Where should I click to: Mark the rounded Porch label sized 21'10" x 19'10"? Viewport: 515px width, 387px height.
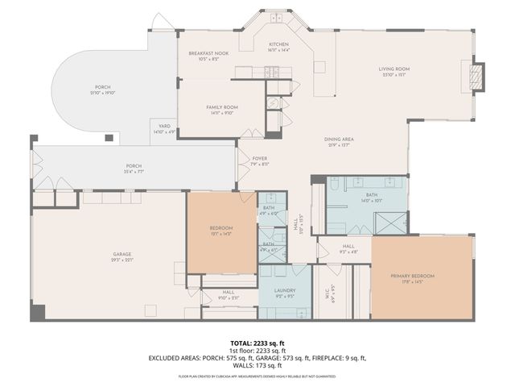click(103, 89)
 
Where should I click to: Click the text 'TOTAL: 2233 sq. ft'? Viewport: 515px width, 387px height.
click(257, 343)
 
